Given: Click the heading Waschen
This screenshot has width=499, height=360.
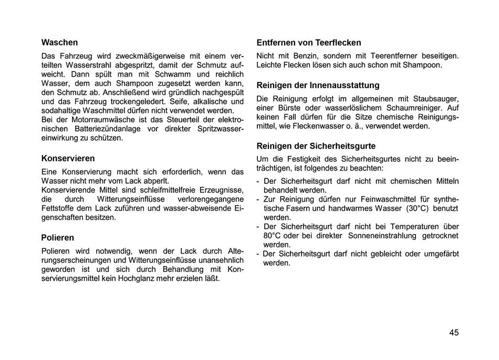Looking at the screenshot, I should click(x=59, y=43).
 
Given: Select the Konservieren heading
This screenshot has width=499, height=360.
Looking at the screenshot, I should click(x=68, y=158).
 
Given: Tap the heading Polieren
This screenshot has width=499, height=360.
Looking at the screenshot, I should click(x=57, y=238).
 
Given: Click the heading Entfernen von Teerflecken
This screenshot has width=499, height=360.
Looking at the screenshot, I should click(x=308, y=43).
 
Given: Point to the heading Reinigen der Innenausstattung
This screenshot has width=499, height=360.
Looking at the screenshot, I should click(x=317, y=85).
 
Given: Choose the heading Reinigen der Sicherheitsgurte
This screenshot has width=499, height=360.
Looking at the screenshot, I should click(x=316, y=146).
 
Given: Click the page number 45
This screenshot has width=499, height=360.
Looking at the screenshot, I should click(x=454, y=332).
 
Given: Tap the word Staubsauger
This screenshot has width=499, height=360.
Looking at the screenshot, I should click(x=435, y=98).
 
